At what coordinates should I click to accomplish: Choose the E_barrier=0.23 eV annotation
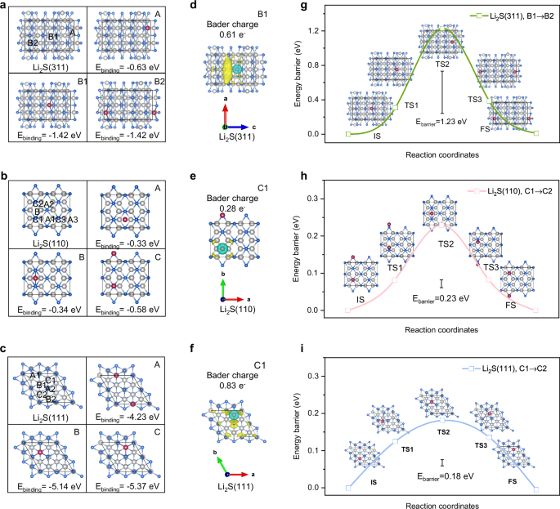point(441,299)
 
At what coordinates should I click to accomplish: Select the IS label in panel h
point(361,301)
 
